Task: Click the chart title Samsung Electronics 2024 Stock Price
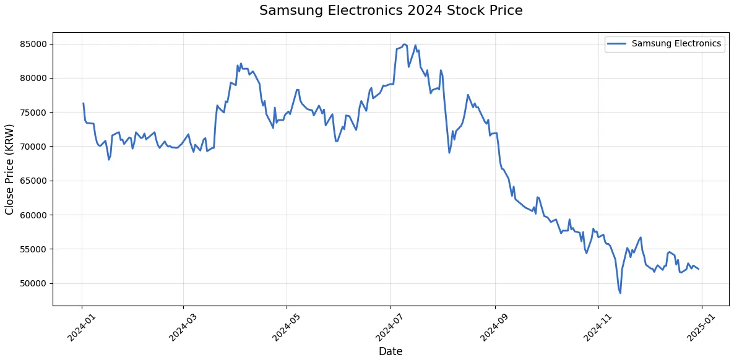click(x=391, y=11)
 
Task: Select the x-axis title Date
click(x=391, y=351)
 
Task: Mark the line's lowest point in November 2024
click(x=620, y=293)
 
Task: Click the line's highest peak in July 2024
click(x=404, y=45)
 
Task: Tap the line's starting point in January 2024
click(x=83, y=103)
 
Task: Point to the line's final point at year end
click(x=699, y=269)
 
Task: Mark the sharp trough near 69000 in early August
click(x=449, y=152)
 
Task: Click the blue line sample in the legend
click(x=617, y=44)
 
